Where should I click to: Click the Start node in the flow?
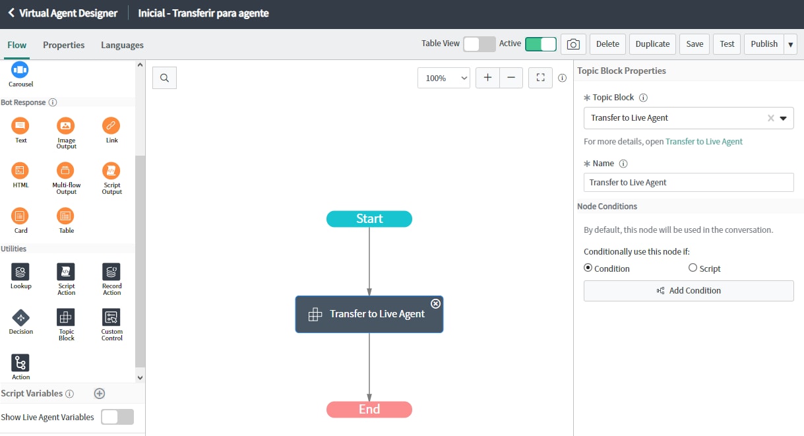pyautogui.click(x=369, y=218)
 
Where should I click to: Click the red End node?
pyautogui.click(x=369, y=409)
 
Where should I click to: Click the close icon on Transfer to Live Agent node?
pyautogui.click(x=435, y=303)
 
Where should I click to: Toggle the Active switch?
pyautogui.click(x=541, y=44)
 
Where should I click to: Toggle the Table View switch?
pyautogui.click(x=479, y=44)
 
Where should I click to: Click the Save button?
pyautogui.click(x=695, y=44)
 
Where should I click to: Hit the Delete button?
pyautogui.click(x=607, y=44)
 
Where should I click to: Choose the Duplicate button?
pyautogui.click(x=652, y=44)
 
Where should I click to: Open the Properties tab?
pyautogui.click(x=63, y=45)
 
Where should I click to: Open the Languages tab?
pyautogui.click(x=122, y=45)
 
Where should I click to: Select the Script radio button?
pyautogui.click(x=693, y=268)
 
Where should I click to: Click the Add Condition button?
pyautogui.click(x=689, y=291)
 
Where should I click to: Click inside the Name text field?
pyautogui.click(x=689, y=182)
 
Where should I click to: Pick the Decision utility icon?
pyautogui.click(x=21, y=317)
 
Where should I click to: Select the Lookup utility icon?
pyautogui.click(x=20, y=272)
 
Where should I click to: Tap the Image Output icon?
pyautogui.click(x=66, y=125)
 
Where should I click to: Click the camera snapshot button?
pyautogui.click(x=573, y=44)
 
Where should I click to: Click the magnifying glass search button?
pyautogui.click(x=164, y=78)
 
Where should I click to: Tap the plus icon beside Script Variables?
pyautogui.click(x=100, y=393)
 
